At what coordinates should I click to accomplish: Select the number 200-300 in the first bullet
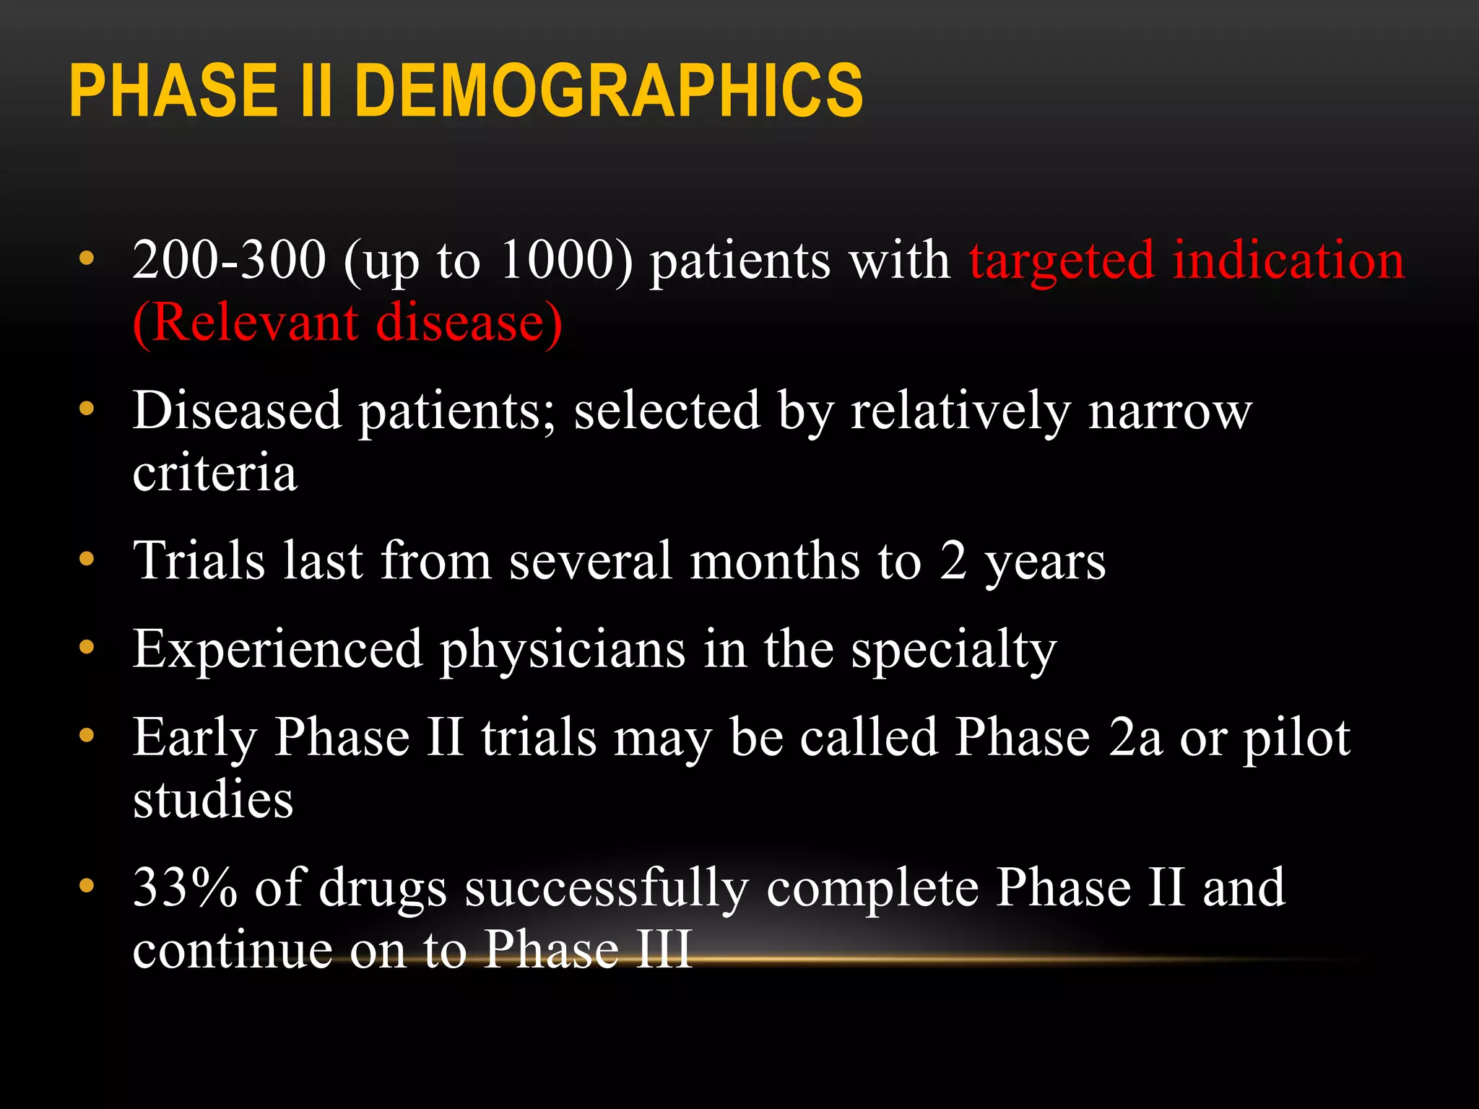tap(229, 260)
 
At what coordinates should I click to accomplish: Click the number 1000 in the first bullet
tap(557, 260)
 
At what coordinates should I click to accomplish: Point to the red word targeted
tap(1062, 261)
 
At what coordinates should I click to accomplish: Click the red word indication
tap(1288, 260)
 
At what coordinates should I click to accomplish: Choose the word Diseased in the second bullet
tap(237, 410)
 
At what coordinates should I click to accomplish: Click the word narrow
tap(1170, 412)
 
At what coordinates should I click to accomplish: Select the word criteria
tap(214, 472)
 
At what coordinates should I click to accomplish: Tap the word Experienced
tap(277, 650)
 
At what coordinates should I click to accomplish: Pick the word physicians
tap(563, 650)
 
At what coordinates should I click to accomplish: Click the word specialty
tap(953, 650)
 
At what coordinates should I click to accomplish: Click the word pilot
tap(1296, 738)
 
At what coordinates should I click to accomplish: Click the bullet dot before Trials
tap(87, 560)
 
